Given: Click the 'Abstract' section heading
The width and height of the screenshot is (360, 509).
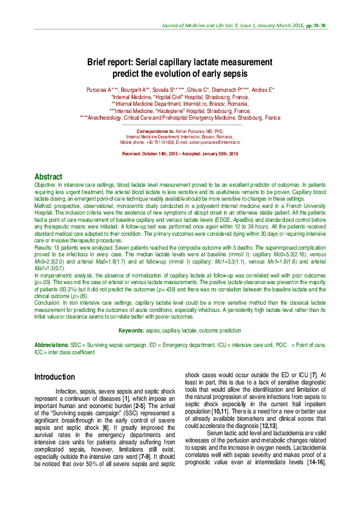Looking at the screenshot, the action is point(49,176).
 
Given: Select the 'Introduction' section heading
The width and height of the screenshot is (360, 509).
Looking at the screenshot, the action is point(55,377).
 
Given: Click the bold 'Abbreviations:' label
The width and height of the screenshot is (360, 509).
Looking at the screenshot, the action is point(51,343).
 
